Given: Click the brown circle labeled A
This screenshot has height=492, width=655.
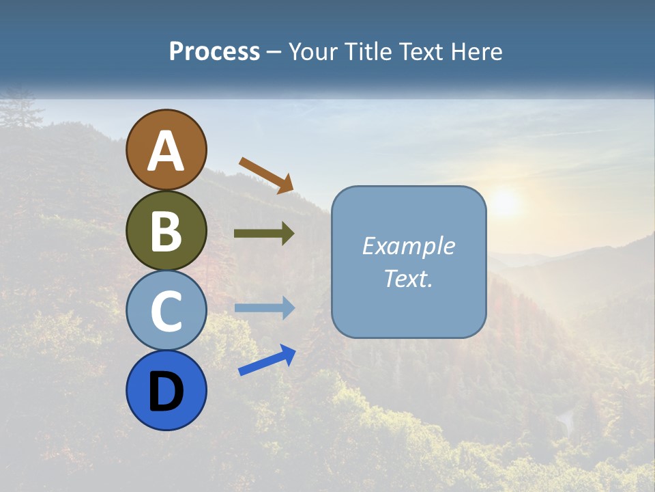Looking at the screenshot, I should click(166, 150).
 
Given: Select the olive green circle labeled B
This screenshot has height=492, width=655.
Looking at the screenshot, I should click(166, 230).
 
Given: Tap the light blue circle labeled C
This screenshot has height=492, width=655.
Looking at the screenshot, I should click(166, 310).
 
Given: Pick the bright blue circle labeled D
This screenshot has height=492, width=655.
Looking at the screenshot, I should click(166, 390).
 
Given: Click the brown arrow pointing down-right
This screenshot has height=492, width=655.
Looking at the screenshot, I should click(266, 175).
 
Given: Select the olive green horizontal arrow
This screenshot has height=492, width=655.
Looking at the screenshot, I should click(264, 234).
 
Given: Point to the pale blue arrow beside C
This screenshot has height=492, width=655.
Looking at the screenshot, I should click(264, 308).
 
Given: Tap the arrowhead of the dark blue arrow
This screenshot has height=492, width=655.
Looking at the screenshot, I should click(289, 354).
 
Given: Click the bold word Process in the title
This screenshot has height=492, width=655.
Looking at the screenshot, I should click(214, 52).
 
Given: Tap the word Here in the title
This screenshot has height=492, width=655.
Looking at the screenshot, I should click(480, 52).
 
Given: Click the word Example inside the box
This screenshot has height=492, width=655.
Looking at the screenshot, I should click(408, 246).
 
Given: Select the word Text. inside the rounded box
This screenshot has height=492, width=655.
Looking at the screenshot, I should click(408, 279).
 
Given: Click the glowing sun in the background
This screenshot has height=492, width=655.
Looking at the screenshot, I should click(504, 202).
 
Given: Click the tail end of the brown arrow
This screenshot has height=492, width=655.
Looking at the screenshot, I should click(243, 161).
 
